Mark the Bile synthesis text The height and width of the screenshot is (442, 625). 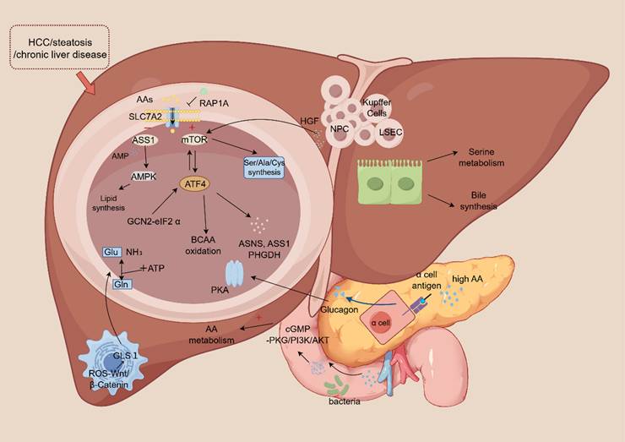pos(481,200)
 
